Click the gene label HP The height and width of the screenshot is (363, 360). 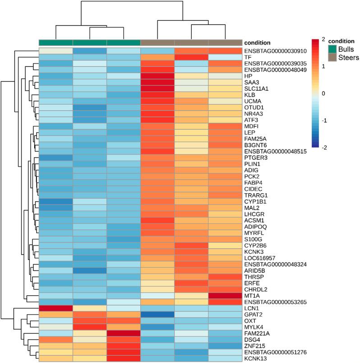point(249,76)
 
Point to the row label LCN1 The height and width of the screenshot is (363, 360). point(251,308)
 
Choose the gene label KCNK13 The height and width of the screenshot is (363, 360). point(255,358)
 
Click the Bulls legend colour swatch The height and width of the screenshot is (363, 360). point(332,50)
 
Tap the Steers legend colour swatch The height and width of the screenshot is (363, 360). point(332,58)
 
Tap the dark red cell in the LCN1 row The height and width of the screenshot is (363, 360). point(55,308)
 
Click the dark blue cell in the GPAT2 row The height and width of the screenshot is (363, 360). point(158,314)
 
